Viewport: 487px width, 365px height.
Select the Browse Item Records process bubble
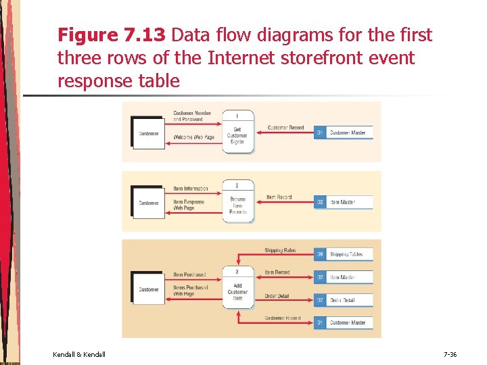click(x=237, y=201)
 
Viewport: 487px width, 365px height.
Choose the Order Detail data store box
click(x=344, y=299)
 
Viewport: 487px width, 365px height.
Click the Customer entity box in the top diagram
click(x=148, y=133)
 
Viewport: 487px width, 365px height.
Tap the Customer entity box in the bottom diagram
click(x=148, y=290)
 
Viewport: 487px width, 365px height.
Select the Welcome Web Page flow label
click(x=194, y=138)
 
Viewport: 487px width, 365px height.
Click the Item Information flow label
click(x=191, y=189)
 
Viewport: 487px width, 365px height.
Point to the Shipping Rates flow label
click(x=279, y=251)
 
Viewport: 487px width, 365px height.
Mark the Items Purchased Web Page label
click(x=190, y=291)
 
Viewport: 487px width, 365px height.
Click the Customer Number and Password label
click(x=192, y=116)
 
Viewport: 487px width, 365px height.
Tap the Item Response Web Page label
click(x=189, y=205)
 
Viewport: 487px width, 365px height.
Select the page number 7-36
click(x=450, y=354)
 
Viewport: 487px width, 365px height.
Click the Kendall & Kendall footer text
click(x=78, y=354)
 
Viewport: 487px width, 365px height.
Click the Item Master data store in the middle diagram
click(x=344, y=202)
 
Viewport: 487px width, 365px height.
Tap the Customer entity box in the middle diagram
click(x=148, y=203)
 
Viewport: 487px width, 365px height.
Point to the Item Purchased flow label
click(x=189, y=274)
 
